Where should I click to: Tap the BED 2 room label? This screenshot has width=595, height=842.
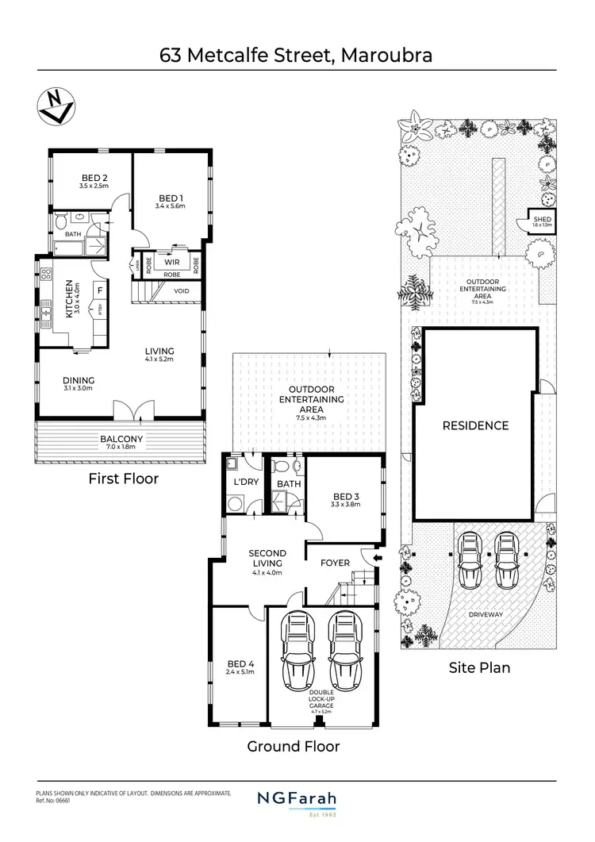pos(94,178)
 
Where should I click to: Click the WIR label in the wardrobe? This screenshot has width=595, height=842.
pos(171,261)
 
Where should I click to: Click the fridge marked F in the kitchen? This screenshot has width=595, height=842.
pos(100,290)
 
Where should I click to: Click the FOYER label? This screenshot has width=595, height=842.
pos(335,563)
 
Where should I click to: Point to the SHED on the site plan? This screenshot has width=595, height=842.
pos(542,220)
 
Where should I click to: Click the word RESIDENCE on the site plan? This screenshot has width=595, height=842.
pos(474,425)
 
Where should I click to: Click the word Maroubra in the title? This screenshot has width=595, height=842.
pos(385,56)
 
